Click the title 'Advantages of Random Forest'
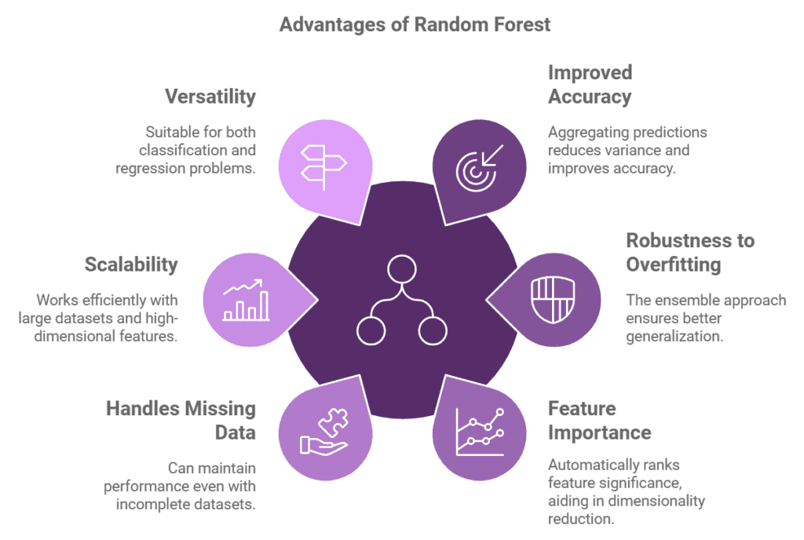(x=415, y=24)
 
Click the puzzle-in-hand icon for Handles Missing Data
(x=323, y=432)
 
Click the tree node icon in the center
(x=401, y=300)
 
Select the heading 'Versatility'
(x=210, y=97)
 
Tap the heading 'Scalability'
(x=131, y=265)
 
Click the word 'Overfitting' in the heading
(x=673, y=265)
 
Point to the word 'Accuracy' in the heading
(x=590, y=97)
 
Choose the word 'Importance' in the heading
(x=600, y=432)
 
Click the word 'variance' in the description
(x=629, y=150)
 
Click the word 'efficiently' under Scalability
(x=110, y=300)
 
